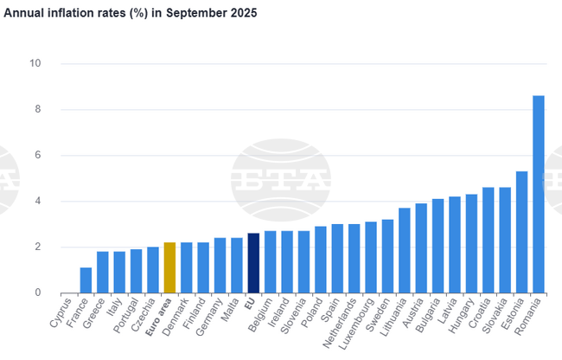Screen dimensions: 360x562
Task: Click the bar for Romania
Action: (x=538, y=194)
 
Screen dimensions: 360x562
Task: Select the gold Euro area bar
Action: (x=169, y=267)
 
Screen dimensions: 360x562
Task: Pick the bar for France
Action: (x=86, y=280)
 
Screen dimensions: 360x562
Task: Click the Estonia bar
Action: (x=521, y=232)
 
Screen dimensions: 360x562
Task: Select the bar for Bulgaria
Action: (x=437, y=246)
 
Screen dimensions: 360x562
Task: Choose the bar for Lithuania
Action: (x=404, y=250)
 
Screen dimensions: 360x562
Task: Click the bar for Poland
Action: (x=320, y=260)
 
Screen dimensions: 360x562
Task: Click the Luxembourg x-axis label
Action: (x=354, y=325)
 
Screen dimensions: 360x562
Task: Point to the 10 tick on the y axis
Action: (x=35, y=64)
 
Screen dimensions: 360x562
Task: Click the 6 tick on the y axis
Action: (x=37, y=156)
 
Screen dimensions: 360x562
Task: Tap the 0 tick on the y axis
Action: (x=37, y=293)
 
